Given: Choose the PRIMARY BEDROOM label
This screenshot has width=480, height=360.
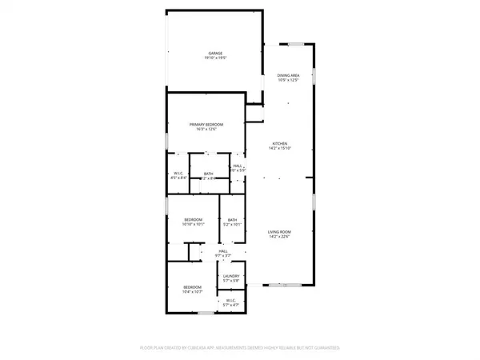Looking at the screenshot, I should pos(206,124).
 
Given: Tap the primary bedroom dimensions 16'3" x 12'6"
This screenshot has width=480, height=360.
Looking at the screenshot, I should pos(206,130).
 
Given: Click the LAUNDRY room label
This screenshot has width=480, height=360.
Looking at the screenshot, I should pos(231,275).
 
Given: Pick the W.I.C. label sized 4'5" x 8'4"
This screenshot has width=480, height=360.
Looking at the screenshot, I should pos(179,173).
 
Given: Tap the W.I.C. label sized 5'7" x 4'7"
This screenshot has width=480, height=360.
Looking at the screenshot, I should pos(231,300).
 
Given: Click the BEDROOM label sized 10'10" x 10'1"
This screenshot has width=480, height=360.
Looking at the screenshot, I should pos(193,219).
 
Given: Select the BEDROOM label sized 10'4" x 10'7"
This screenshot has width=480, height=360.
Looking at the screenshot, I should pos(192,287).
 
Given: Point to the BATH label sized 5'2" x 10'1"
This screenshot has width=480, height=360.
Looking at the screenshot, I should pos(232,220).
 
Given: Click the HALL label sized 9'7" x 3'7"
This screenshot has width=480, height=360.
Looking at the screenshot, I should pos(223,250).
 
